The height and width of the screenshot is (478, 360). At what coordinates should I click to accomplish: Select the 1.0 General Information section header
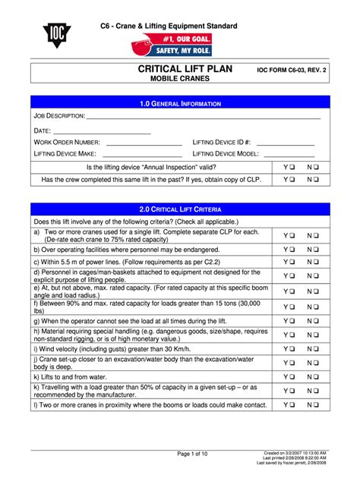[180, 103]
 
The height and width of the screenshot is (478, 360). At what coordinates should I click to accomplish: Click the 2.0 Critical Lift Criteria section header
[180, 208]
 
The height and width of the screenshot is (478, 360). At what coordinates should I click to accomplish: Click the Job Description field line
[203, 119]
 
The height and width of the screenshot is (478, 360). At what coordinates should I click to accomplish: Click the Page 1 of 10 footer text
[192, 454]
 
